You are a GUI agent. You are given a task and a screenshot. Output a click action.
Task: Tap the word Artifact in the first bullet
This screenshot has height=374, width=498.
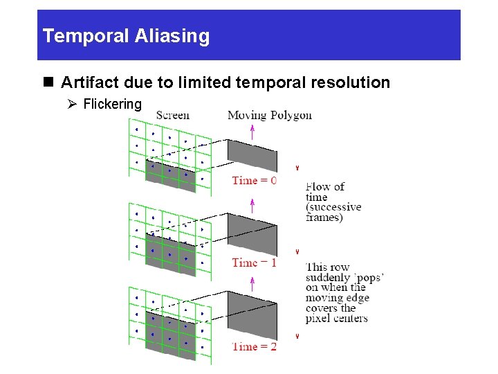pyautogui.click(x=89, y=82)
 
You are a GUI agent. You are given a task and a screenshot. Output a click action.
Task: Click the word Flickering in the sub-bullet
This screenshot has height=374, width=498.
pyautogui.click(x=112, y=105)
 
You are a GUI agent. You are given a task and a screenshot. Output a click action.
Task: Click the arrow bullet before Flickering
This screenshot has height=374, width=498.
pyautogui.click(x=73, y=105)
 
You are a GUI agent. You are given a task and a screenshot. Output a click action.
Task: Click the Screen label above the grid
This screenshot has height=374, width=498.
pyautogui.click(x=173, y=115)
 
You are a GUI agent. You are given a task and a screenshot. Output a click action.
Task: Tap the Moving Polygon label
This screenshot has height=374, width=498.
pyautogui.click(x=270, y=115)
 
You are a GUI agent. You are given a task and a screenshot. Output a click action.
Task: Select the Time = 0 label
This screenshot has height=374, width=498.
pyautogui.click(x=254, y=181)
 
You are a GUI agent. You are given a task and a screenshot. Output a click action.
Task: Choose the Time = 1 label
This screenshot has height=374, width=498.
pyautogui.click(x=254, y=263)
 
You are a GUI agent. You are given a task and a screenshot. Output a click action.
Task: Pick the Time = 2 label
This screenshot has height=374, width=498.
pyautogui.click(x=254, y=346)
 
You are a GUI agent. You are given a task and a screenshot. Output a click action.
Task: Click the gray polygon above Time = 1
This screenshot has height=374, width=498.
pyautogui.click(x=252, y=234)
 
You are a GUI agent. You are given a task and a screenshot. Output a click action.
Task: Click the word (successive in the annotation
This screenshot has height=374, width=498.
pyautogui.click(x=333, y=207)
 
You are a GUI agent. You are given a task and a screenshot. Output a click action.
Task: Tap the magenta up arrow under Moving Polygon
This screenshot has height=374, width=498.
pyautogui.click(x=252, y=131)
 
